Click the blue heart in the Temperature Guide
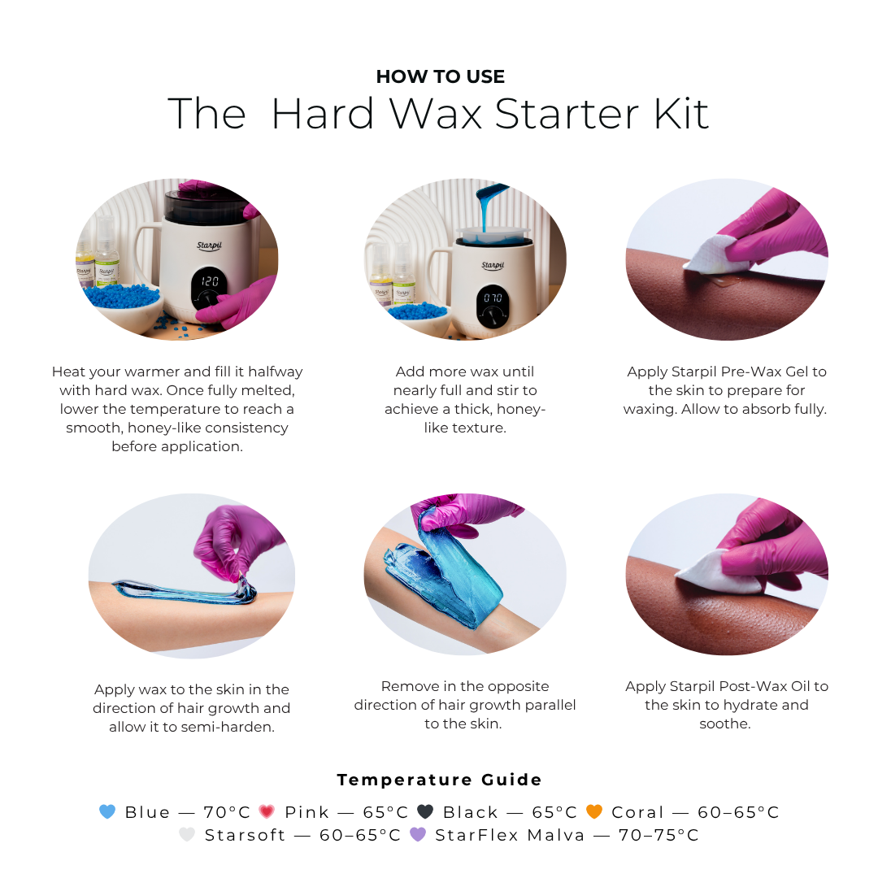107,812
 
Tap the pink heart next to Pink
267,812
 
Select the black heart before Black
424,812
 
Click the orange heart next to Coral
594,812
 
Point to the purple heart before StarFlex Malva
418,835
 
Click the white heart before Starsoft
187,835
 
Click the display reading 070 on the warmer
493,298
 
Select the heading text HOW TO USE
440,77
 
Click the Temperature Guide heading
440,780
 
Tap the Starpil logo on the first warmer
210,245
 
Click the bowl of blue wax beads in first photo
122,305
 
